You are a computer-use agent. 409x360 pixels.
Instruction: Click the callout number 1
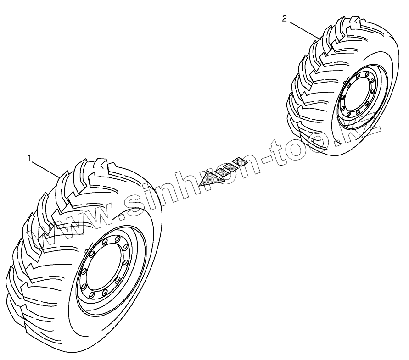click(30, 157)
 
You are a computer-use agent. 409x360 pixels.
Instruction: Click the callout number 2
click(285, 18)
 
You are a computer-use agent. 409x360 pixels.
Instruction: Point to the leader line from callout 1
click(45, 167)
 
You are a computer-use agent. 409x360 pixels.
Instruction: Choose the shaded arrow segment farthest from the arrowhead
click(240, 161)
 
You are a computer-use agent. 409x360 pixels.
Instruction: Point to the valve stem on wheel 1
click(87, 250)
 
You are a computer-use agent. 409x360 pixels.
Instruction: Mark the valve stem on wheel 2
click(344, 83)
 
